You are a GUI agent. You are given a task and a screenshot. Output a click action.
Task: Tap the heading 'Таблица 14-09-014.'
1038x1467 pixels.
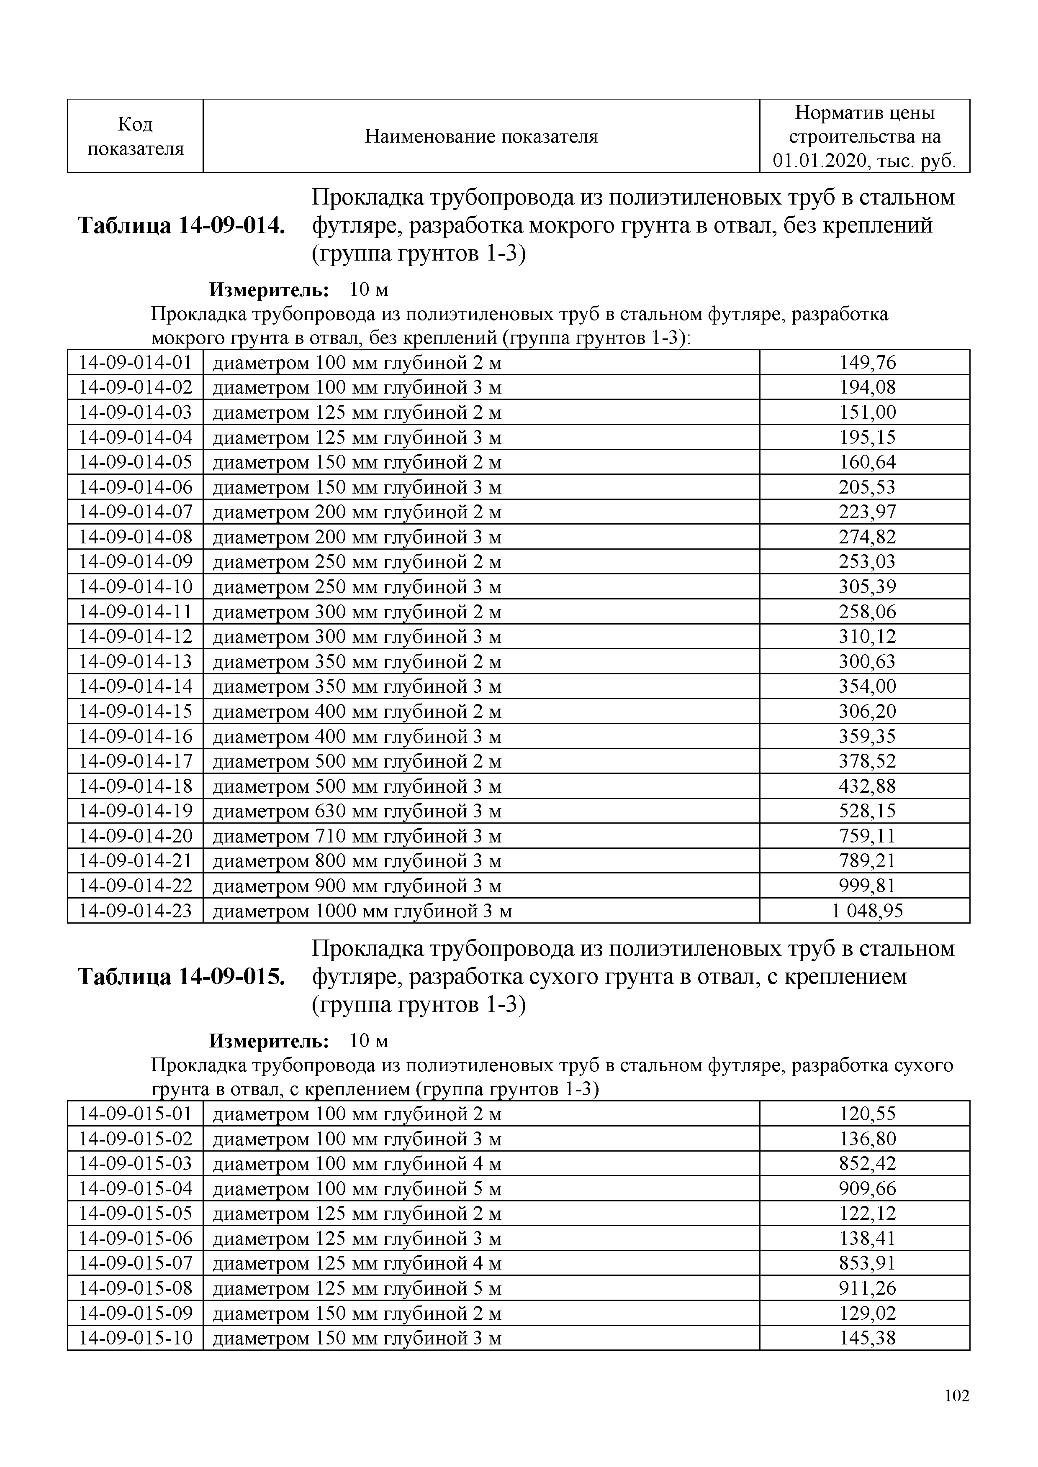(181, 225)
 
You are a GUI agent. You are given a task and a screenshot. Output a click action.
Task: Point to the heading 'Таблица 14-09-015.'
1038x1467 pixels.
(181, 977)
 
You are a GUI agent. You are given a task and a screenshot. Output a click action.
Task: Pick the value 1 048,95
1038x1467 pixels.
(867, 911)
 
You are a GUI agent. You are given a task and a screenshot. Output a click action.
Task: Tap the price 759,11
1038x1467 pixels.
(867, 836)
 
